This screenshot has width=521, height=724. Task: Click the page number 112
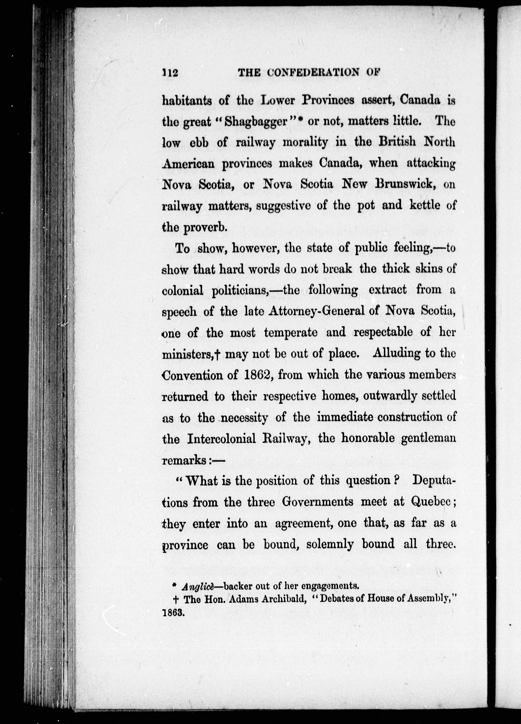pos(170,73)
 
